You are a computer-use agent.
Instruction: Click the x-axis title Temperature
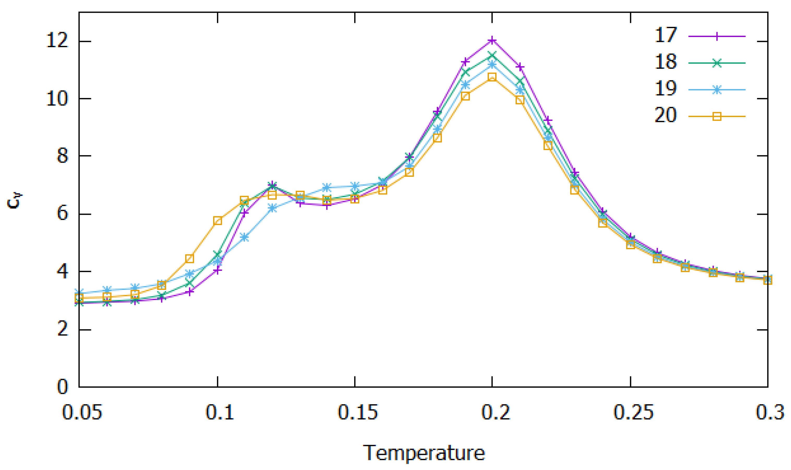click(424, 453)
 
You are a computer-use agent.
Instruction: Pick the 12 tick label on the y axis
click(57, 41)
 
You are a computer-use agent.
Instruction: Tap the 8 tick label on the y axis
click(62, 156)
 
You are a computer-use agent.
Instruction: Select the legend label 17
click(665, 35)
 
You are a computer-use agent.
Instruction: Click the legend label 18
click(665, 62)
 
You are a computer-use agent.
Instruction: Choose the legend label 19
click(665, 88)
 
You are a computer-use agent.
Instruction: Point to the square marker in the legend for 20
click(717, 117)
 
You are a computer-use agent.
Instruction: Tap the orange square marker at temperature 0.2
click(492, 77)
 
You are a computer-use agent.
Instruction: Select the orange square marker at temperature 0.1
click(218, 221)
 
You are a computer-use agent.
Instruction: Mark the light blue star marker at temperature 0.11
click(244, 237)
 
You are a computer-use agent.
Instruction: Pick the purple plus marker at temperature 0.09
click(189, 292)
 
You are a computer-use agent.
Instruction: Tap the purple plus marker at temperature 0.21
click(520, 67)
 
